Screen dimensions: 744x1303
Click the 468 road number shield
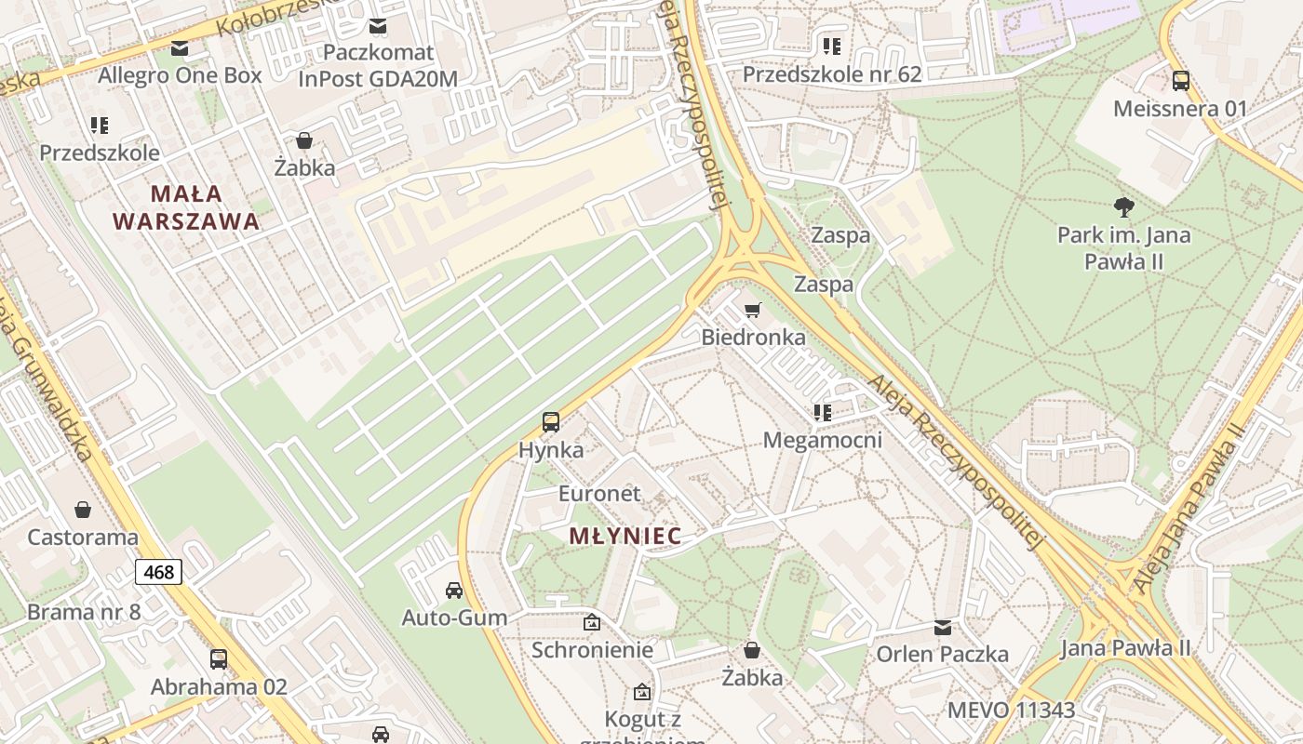(159, 572)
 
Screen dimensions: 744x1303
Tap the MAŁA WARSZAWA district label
(186, 207)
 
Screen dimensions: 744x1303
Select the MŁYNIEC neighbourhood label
(625, 536)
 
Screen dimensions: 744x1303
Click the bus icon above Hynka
(551, 422)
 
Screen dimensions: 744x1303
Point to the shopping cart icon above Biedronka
(753, 310)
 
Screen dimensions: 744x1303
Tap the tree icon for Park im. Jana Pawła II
(1123, 206)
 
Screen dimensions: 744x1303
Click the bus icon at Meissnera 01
(1180, 81)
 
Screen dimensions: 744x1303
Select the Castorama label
(83, 537)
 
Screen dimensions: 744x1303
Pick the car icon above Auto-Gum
(454, 590)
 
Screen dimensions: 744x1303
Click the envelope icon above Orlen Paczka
(943, 627)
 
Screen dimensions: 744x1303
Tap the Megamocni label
(822, 439)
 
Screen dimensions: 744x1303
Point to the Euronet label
(599, 493)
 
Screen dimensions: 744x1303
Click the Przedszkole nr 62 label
(831, 73)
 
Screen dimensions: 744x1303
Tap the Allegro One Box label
(180, 75)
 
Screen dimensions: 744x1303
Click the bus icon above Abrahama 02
(219, 659)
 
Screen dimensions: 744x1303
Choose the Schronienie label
(592, 649)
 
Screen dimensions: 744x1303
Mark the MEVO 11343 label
(1011, 711)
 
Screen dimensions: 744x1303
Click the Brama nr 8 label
(84, 612)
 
